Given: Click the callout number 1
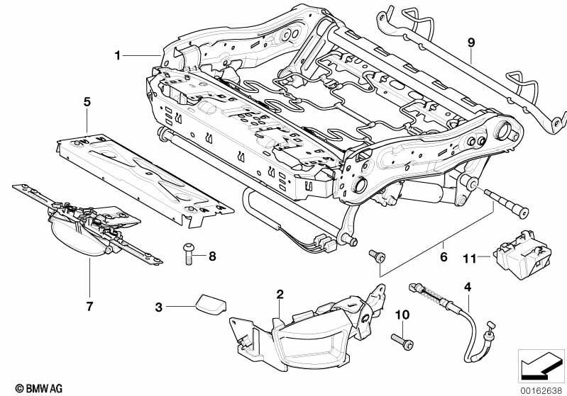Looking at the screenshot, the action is point(117,56).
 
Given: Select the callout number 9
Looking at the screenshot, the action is point(470,43).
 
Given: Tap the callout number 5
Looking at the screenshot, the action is point(87,102).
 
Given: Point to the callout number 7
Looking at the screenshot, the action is point(89,306).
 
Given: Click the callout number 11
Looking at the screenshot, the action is point(470,259).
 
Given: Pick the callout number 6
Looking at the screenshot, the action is point(444,256).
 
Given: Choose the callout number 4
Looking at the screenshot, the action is point(468,287).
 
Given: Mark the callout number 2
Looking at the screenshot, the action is point(280,294).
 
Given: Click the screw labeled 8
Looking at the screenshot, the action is point(188,254).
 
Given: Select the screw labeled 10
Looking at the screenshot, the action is point(402,342).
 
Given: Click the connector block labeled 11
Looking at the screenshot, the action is point(523,254).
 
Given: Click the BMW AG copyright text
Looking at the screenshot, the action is point(39,388).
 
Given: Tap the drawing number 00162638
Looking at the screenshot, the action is point(541,390).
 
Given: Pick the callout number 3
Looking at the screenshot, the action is point(159,307).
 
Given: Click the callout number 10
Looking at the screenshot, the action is point(402,315).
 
